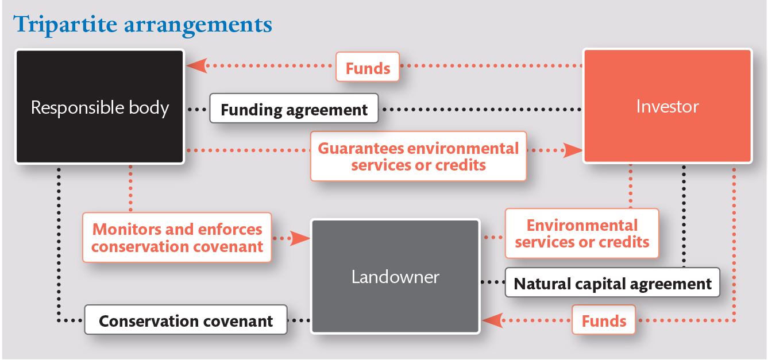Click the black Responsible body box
point(99,107)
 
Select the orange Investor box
point(667,106)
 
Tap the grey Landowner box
point(395,276)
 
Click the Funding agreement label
point(294,109)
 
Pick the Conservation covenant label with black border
point(186,320)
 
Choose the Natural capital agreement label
point(612,283)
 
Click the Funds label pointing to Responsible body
point(368,68)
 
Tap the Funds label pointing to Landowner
point(604,320)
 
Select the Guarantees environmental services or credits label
point(418,156)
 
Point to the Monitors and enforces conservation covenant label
point(177,238)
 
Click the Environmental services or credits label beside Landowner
point(582,233)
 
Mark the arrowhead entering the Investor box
point(573,150)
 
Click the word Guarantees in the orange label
point(361,148)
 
